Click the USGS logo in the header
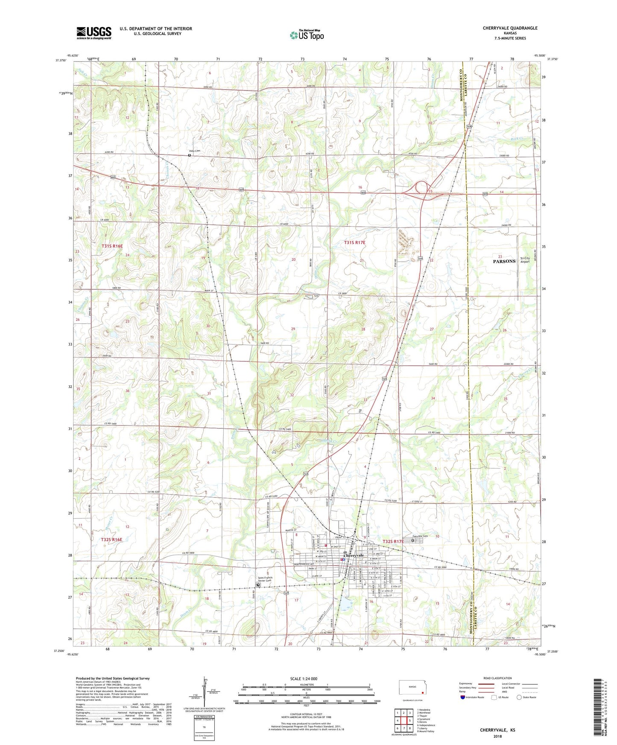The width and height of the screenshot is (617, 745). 94,32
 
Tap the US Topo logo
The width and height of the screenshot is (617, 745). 306,35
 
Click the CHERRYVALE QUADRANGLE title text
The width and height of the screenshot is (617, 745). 510,28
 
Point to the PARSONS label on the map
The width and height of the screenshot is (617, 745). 504,261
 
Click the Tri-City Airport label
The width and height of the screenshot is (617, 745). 525,260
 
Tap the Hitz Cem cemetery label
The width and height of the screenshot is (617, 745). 195,151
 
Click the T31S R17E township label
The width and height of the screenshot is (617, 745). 354,242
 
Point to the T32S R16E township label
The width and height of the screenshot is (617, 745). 111,539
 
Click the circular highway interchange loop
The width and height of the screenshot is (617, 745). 422,187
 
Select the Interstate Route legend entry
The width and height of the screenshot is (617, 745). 471,697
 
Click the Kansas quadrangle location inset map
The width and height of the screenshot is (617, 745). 412,688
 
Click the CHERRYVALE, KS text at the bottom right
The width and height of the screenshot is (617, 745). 497,730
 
